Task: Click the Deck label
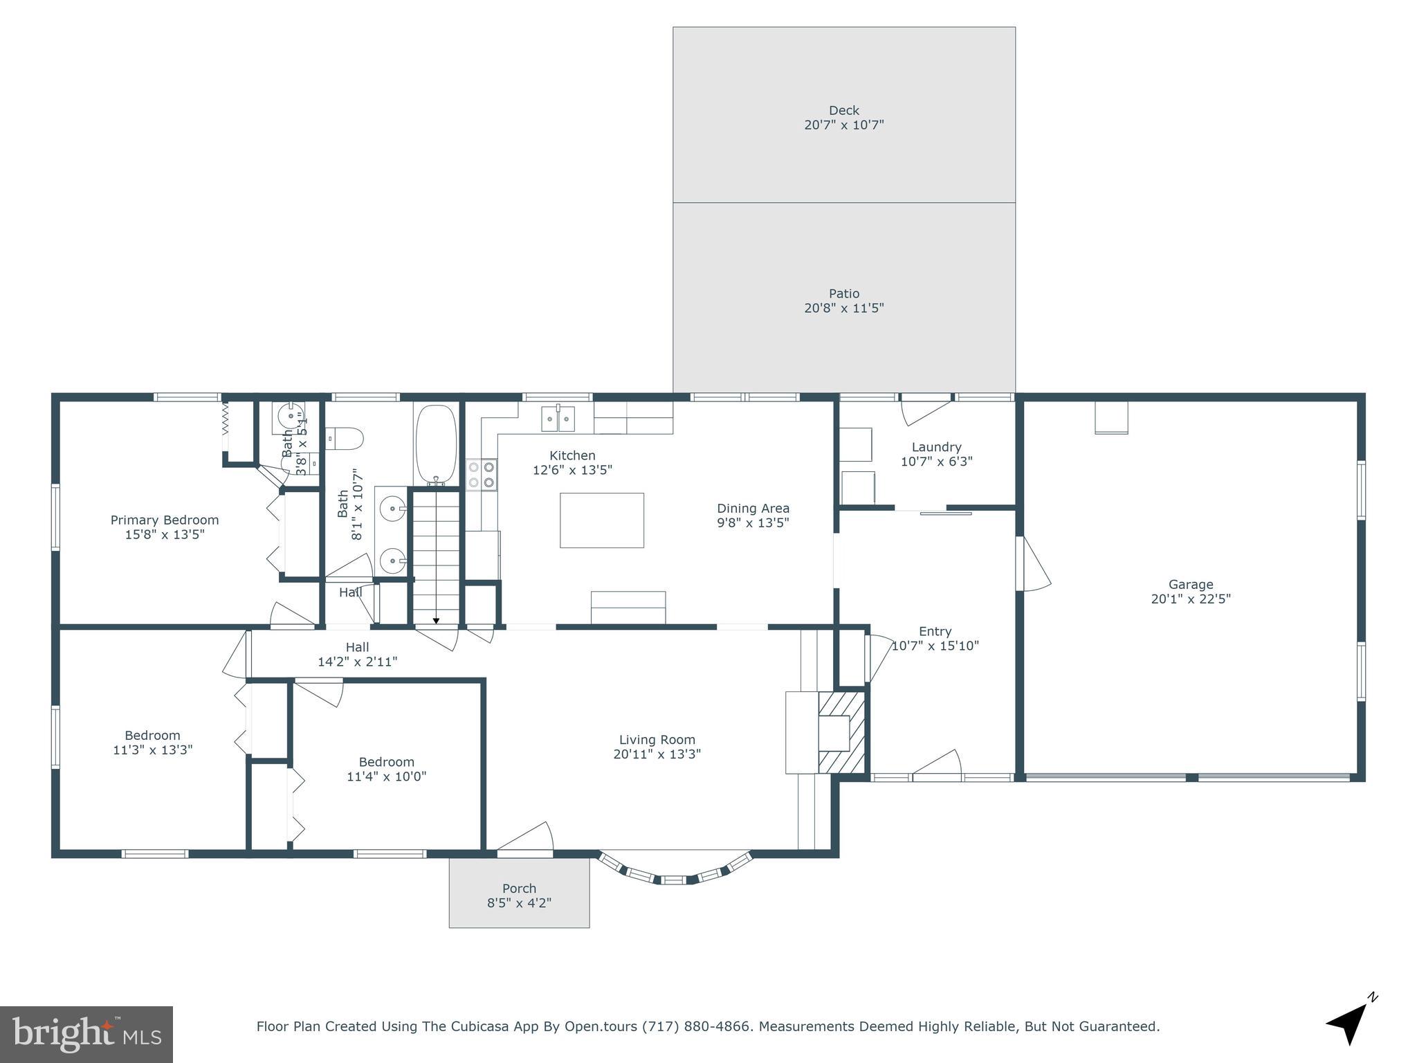click(843, 110)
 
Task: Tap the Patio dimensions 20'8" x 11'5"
click(843, 308)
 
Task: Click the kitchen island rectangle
click(601, 520)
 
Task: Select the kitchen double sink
click(558, 418)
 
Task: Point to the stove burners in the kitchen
click(482, 475)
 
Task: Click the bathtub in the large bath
click(436, 444)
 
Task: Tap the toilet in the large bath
click(345, 438)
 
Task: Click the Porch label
click(519, 888)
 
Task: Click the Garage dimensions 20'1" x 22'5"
click(1190, 599)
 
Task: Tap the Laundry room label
click(935, 447)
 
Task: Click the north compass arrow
click(1349, 1023)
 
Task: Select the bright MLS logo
click(86, 1034)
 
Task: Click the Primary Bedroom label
click(165, 520)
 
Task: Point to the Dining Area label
click(753, 508)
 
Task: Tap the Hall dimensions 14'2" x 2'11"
click(357, 662)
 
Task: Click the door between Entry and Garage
click(1031, 564)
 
